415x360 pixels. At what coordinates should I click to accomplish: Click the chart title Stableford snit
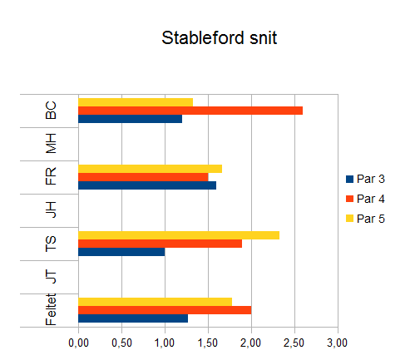(x=219, y=37)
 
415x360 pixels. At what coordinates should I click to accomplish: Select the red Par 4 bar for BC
(x=190, y=111)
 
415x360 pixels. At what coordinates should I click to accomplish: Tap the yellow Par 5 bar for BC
(x=136, y=102)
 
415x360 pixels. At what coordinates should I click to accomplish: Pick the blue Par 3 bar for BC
(x=131, y=119)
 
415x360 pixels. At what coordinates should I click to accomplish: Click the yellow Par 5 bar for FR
(x=151, y=169)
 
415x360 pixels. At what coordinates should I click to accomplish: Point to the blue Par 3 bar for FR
(x=147, y=185)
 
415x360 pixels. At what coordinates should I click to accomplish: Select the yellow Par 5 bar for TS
(x=179, y=235)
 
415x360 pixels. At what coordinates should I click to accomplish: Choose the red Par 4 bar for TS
(x=161, y=244)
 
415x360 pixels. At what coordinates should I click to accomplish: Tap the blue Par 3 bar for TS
(x=121, y=252)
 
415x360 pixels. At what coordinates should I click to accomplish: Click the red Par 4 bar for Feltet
(x=165, y=310)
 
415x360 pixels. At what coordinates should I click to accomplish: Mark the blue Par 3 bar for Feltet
(x=133, y=318)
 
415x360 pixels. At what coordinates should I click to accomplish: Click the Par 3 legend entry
(x=365, y=179)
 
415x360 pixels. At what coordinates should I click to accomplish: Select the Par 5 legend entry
(x=365, y=219)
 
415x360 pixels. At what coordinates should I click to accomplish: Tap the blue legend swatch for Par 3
(x=349, y=179)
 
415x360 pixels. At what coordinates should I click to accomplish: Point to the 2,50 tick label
(x=294, y=343)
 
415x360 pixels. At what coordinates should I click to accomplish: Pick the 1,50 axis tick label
(x=208, y=343)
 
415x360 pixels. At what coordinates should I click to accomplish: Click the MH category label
(x=51, y=144)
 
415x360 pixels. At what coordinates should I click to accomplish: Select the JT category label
(x=51, y=276)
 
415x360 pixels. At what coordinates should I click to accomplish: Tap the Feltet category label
(x=51, y=309)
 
